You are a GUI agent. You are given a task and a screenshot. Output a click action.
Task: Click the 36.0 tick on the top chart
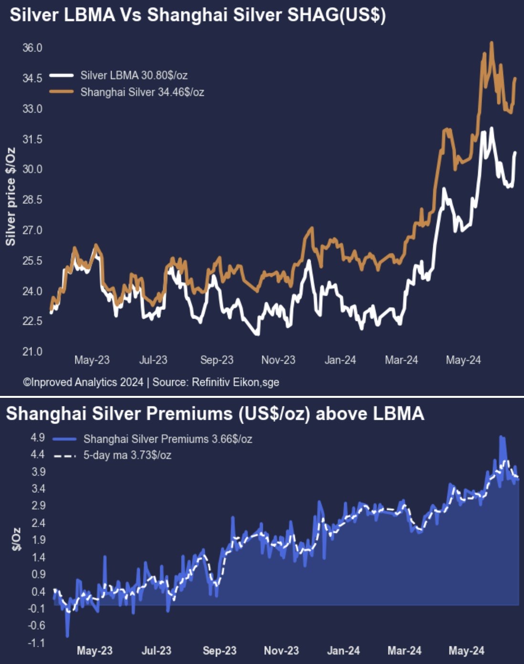[32, 48]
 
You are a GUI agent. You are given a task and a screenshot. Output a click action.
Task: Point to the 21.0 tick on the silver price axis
[32, 352]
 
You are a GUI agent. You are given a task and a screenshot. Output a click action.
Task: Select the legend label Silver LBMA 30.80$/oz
[134, 75]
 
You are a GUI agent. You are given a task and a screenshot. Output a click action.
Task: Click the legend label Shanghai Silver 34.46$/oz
[142, 92]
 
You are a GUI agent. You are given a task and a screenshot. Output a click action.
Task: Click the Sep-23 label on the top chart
[217, 360]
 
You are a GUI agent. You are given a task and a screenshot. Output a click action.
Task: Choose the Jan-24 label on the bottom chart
[344, 651]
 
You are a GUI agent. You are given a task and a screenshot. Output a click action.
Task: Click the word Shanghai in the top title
[179, 15]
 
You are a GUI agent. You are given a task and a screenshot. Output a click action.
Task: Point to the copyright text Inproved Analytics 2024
[83, 382]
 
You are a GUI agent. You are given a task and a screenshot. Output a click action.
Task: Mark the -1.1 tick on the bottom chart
[36, 643]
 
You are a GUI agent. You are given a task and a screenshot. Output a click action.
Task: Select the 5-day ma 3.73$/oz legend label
[127, 455]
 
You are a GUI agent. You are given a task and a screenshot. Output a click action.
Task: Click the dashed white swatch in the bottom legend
[65, 456]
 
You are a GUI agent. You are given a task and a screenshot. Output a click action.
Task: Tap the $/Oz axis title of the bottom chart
[17, 539]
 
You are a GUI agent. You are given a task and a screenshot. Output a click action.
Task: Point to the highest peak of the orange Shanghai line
[491, 43]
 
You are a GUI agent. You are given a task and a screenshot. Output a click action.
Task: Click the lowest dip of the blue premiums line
[67, 635]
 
